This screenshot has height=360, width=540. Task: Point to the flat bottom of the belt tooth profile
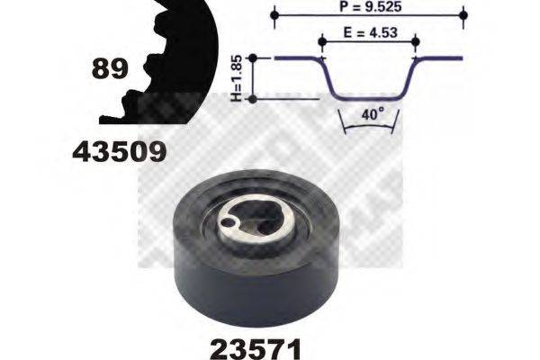369,97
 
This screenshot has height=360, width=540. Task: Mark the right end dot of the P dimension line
463,16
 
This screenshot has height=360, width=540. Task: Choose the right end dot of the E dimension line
415,40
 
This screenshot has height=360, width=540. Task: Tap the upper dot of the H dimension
254,58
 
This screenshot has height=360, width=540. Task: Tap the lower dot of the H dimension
254,97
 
